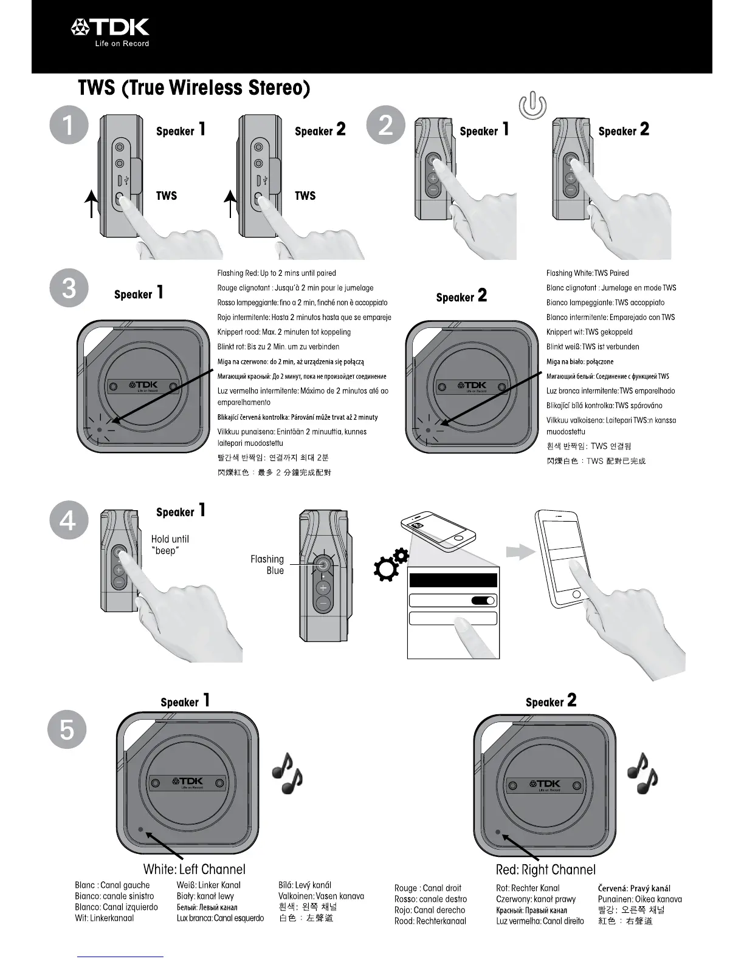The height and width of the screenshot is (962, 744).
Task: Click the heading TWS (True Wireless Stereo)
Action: [x=194, y=88]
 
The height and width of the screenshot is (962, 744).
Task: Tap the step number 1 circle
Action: [x=69, y=126]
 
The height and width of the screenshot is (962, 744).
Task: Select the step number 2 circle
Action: [x=385, y=125]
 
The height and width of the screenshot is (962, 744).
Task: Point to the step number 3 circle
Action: [x=69, y=287]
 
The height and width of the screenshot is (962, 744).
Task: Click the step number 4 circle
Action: [x=69, y=521]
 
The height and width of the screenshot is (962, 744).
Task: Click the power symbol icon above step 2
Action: [x=532, y=106]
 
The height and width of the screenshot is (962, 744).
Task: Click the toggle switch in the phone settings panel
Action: [x=483, y=601]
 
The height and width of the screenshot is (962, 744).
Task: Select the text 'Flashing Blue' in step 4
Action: [x=267, y=565]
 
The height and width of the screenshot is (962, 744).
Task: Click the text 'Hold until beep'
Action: [x=170, y=545]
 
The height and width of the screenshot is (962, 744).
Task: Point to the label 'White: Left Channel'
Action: [x=195, y=869]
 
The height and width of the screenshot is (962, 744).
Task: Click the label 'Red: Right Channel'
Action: [x=546, y=870]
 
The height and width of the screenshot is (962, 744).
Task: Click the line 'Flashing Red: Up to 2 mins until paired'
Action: [x=277, y=273]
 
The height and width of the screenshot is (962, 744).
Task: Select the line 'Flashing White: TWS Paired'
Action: [x=587, y=273]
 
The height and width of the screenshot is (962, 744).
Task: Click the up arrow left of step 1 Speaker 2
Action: [x=230, y=203]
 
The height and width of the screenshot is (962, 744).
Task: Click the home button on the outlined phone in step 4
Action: [x=576, y=593]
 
